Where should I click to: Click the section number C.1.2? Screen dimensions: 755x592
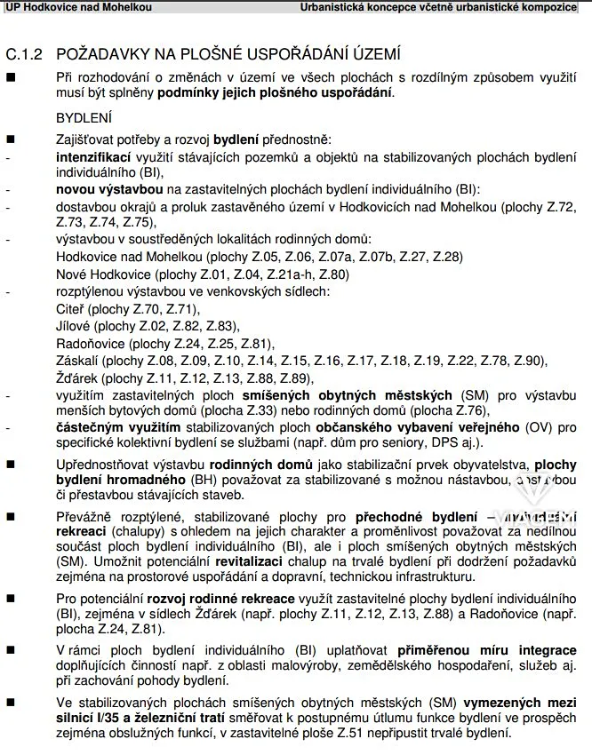tap(24, 53)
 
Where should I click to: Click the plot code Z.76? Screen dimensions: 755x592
tap(472, 410)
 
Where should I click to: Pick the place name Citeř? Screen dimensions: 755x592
tap(70, 309)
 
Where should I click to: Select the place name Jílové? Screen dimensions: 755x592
tap(73, 326)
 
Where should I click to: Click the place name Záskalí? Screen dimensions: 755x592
tap(77, 361)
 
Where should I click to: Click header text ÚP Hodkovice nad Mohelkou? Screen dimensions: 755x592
tap(77, 7)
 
